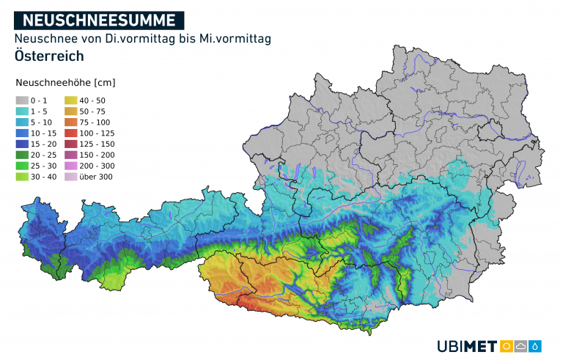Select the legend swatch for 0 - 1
22,100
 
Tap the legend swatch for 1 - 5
22,111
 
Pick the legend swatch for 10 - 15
22,133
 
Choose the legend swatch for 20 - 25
22,155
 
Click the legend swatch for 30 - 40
22,177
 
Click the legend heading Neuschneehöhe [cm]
65,82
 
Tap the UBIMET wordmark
466,346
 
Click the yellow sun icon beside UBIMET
506,346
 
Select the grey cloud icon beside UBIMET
521,346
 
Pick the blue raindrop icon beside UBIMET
536,346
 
